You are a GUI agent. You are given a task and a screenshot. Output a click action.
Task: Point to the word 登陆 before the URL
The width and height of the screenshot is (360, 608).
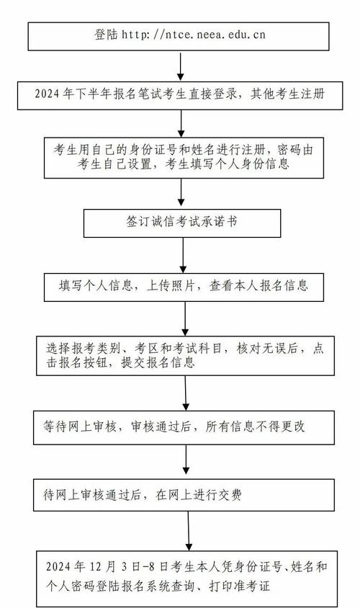click(x=105, y=34)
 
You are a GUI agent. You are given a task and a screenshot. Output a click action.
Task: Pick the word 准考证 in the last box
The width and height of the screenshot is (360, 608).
click(x=251, y=586)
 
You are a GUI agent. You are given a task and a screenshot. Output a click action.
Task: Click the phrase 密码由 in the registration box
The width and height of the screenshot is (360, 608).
click(x=288, y=149)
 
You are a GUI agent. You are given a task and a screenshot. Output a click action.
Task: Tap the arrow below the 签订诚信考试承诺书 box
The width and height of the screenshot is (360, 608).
click(x=183, y=255)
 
